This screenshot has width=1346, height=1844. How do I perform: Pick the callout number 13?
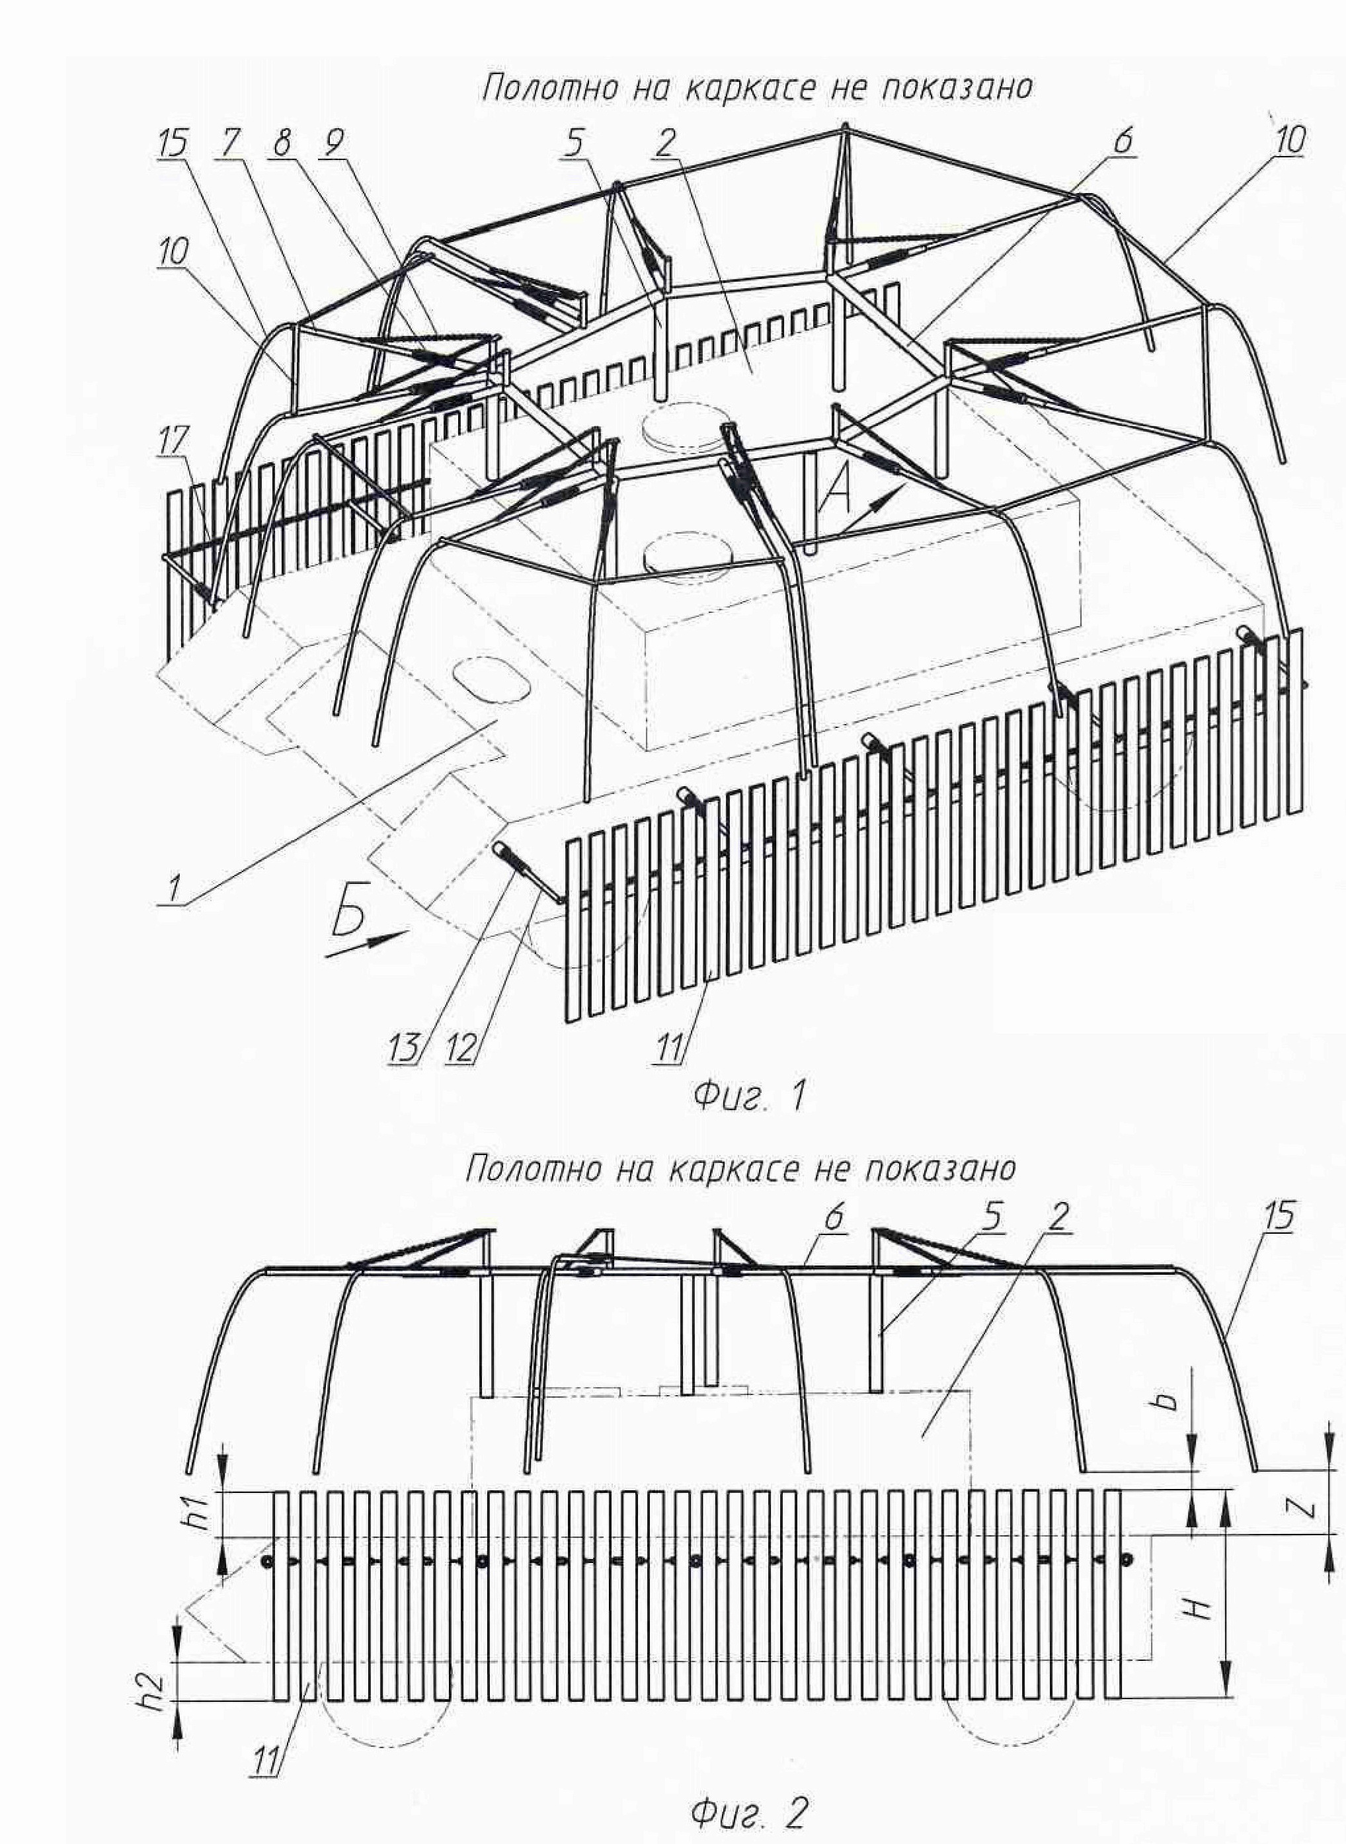click(407, 1047)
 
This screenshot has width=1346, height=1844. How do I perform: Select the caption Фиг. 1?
click(748, 1096)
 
